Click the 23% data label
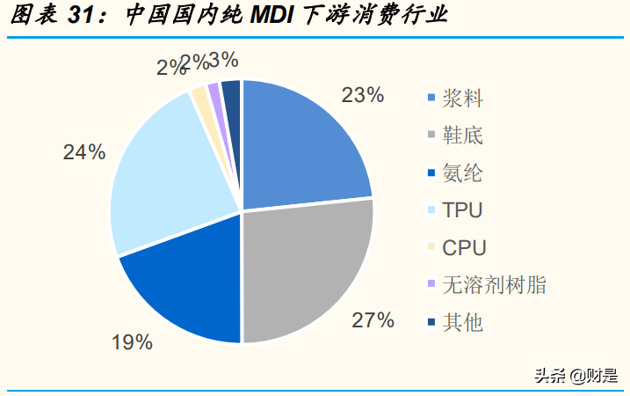(x=362, y=95)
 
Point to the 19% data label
(x=132, y=342)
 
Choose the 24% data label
(x=84, y=151)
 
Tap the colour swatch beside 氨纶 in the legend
(x=431, y=172)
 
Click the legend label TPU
(x=462, y=210)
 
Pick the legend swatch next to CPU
(x=431, y=247)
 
